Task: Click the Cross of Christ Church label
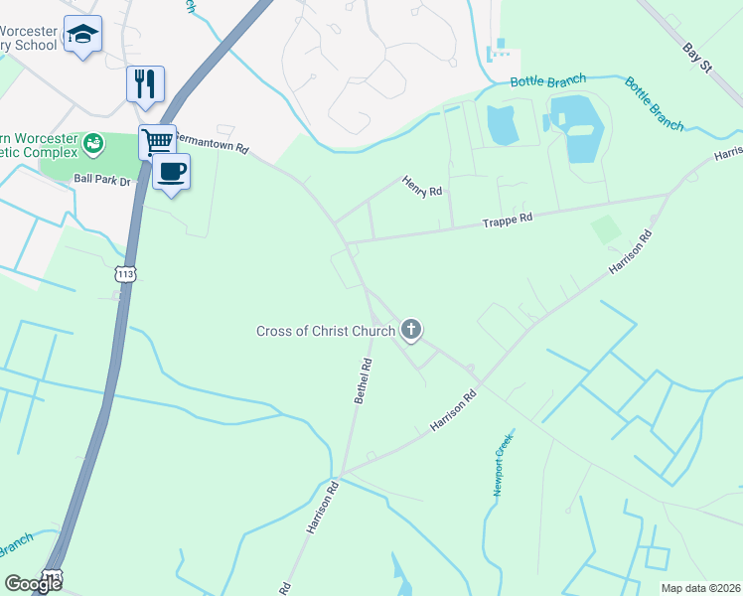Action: click(326, 331)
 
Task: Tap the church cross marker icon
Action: click(411, 330)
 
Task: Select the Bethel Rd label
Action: click(364, 381)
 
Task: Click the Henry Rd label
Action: click(421, 186)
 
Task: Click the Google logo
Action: click(33, 584)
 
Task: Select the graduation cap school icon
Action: click(82, 35)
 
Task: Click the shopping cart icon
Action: click(157, 141)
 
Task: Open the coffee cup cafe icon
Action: click(171, 171)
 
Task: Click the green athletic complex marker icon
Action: click(93, 144)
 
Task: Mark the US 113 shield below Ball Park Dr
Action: click(125, 273)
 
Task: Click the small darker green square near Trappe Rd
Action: click(604, 230)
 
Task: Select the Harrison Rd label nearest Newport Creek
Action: click(454, 409)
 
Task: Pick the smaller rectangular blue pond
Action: click(502, 123)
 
